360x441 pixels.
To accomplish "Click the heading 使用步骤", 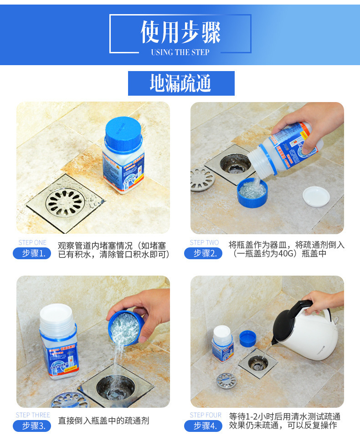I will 180,32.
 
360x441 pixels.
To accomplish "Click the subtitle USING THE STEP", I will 180,52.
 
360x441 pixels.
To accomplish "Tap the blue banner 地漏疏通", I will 181,83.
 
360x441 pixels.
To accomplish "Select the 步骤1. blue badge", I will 32,253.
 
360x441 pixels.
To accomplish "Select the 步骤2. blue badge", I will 203,253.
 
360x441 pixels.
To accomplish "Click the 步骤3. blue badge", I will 32,426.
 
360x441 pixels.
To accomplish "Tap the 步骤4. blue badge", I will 203,426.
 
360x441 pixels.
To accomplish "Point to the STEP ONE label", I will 32,242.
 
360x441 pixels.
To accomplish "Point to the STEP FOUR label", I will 206,415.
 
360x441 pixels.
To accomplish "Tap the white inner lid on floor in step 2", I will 316,195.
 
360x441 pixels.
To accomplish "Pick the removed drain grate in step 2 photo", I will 202,179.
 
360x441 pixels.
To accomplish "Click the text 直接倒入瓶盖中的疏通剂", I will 103,421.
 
